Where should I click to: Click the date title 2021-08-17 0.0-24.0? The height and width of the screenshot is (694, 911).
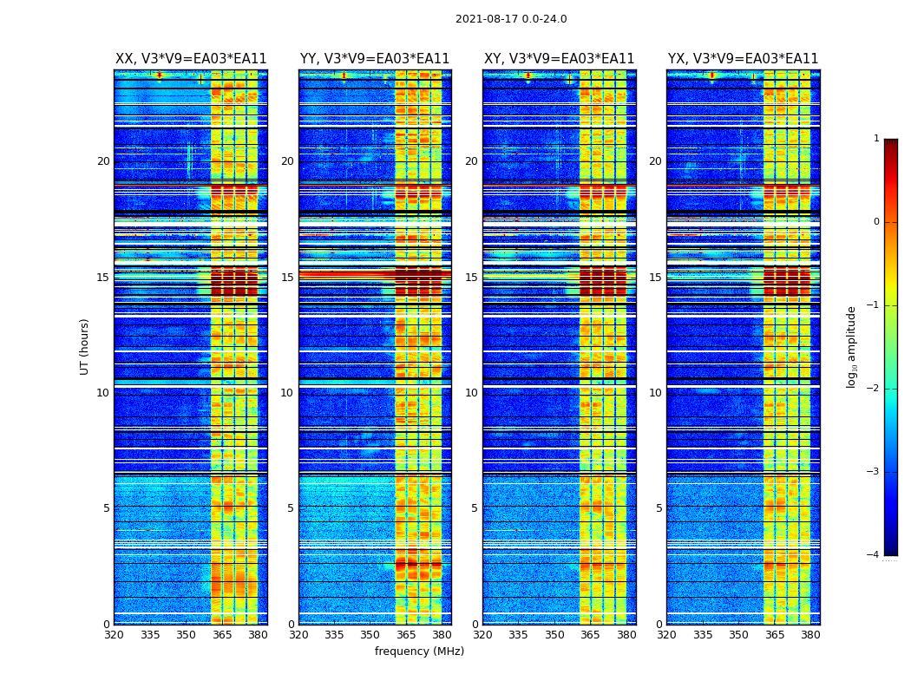511,19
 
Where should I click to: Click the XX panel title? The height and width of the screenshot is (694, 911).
191,59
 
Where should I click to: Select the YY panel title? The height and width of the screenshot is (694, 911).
375,59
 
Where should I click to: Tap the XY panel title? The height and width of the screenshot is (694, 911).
559,59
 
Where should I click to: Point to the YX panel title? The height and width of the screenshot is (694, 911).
743,59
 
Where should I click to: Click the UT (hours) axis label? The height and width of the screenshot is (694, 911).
85,346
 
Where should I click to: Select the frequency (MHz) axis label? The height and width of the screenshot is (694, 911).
419,651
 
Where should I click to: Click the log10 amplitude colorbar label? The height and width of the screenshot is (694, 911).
852,346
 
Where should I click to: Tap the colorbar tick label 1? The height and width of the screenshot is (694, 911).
876,139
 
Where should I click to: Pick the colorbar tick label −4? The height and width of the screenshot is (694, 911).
874,555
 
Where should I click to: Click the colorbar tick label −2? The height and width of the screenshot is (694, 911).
874,389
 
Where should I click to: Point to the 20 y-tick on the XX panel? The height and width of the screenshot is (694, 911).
103,161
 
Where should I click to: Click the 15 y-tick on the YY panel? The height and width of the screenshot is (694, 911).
287,278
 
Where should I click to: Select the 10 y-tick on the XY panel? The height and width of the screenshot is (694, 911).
471,393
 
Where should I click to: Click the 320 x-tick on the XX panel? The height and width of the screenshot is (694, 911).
114,635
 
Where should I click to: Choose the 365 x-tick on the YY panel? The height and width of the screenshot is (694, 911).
406,635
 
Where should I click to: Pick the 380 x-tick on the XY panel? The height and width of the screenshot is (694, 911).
626,635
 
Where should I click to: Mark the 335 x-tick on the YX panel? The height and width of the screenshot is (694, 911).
703,635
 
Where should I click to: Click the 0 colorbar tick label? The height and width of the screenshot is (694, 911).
876,222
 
